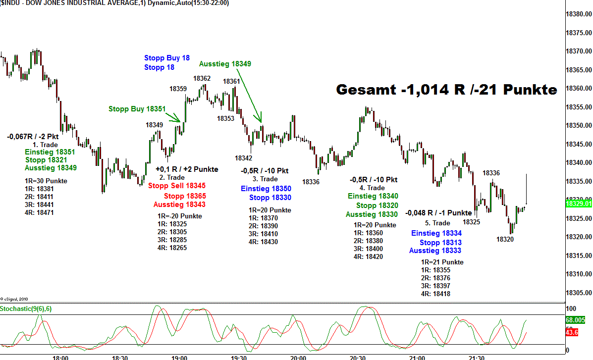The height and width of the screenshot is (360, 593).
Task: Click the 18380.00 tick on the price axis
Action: [579, 14]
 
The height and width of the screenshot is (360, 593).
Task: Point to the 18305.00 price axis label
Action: [579, 292]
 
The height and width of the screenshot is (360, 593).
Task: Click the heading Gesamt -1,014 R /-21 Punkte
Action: [446, 90]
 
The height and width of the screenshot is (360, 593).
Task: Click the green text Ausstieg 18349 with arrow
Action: [225, 64]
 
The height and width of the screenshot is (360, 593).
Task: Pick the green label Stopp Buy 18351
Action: [137, 109]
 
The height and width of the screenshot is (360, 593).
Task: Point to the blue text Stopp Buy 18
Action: [167, 58]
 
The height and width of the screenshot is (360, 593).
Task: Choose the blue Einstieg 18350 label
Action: [266, 189]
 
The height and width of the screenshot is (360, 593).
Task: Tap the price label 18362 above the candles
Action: [202, 78]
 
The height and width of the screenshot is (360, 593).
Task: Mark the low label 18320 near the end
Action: [505, 239]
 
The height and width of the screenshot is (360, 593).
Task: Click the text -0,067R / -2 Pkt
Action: [33, 136]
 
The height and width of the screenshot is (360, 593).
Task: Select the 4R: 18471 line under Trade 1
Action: [39, 212]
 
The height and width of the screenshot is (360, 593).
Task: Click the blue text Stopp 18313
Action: [440, 243]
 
